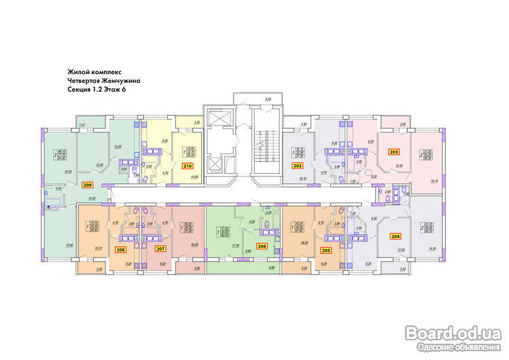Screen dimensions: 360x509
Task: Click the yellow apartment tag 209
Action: click(86, 184)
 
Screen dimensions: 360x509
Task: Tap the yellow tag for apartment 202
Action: click(298, 165)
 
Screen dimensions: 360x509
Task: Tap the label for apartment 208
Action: click(120, 250)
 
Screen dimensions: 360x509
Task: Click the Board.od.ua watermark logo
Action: click(451, 331)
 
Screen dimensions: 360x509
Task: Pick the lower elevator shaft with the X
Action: click(220, 163)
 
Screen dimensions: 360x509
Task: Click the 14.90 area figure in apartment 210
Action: click(196, 178)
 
